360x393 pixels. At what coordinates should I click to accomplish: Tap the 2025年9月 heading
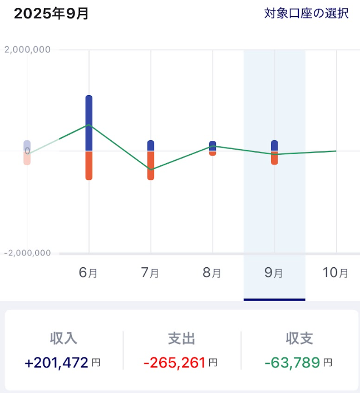[51, 14]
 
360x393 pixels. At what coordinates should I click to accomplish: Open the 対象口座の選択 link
[306, 14]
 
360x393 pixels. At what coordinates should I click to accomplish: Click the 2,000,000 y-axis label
[27, 50]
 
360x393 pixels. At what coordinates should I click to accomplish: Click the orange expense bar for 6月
[89, 165]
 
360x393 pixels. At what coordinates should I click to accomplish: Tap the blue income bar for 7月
[151, 145]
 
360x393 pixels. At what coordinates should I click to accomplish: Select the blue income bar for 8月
[213, 145]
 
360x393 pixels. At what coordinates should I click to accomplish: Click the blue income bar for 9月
[274, 145]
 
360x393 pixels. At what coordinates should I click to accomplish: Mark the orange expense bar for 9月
[274, 158]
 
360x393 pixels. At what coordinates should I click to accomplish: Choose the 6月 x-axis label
[88, 273]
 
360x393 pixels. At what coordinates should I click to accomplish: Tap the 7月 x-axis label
[150, 273]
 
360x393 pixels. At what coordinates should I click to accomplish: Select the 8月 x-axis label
[212, 273]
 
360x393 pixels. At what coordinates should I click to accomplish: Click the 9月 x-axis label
[274, 273]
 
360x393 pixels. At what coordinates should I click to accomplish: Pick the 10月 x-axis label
[336, 273]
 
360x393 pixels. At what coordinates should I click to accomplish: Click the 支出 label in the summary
[181, 338]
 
